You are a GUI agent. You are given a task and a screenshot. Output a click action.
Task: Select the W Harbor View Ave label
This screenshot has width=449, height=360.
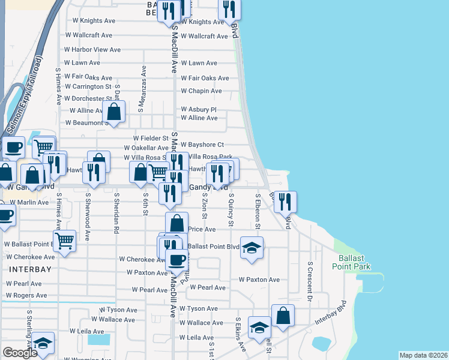click(92, 49)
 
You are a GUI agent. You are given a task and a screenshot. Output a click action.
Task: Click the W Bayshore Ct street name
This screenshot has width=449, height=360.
click(202, 145)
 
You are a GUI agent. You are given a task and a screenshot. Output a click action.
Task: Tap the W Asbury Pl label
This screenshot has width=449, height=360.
click(199, 110)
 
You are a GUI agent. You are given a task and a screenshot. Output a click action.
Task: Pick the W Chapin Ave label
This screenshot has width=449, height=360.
click(202, 91)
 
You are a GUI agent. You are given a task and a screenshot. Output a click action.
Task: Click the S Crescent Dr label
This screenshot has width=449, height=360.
click(310, 281)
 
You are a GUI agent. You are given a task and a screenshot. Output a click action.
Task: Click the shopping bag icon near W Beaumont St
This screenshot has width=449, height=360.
click(113, 110)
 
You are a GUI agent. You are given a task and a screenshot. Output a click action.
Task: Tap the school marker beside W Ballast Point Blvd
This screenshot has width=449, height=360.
click(252, 248)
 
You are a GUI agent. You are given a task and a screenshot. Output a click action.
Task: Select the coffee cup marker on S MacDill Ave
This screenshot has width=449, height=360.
click(176, 259)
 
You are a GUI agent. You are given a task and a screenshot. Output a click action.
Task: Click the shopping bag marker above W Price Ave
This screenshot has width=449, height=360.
click(176, 223)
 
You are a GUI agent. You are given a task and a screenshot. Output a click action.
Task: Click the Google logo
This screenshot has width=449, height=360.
click(20, 353)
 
